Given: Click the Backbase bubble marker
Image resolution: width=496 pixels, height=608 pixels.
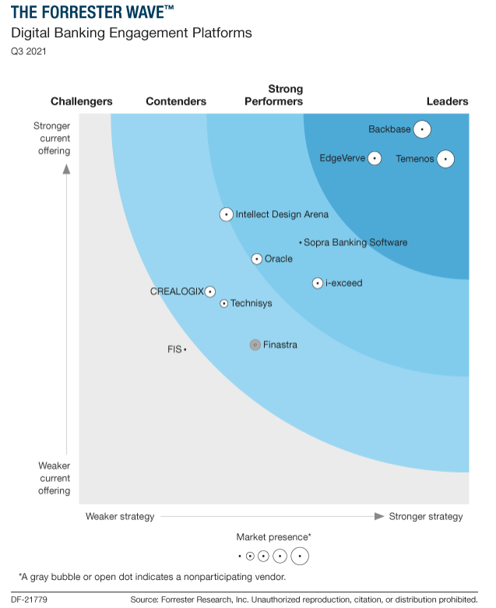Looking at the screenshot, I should click(x=422, y=129).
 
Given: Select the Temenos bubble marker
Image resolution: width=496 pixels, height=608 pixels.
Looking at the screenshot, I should click(x=445, y=159).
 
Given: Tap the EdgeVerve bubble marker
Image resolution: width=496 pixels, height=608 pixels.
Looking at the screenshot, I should click(x=375, y=158).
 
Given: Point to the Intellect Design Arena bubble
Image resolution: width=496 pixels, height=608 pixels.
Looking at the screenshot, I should click(x=226, y=214).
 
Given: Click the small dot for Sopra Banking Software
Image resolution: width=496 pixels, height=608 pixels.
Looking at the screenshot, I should click(x=301, y=243).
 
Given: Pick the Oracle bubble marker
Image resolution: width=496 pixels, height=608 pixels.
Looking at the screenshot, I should click(x=257, y=258).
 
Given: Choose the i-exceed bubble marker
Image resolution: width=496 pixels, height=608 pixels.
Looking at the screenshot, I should click(x=318, y=283).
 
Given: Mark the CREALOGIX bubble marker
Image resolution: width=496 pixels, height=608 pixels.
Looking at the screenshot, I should click(x=210, y=291).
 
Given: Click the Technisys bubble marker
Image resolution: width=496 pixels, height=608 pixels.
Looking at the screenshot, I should click(x=224, y=304).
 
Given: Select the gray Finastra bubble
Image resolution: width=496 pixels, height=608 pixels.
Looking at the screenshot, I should click(x=255, y=345).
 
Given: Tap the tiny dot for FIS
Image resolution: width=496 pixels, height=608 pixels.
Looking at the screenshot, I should click(x=185, y=350).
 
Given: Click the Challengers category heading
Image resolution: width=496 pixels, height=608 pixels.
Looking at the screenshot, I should click(x=82, y=101).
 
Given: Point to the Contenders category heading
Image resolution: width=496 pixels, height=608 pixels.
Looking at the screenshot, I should click(x=176, y=101).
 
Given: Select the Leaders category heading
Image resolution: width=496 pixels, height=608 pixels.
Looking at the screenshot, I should click(x=447, y=101).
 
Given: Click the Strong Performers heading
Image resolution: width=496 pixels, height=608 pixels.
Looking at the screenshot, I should click(x=274, y=95).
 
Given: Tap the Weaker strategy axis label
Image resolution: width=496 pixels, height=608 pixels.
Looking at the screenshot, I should click(x=120, y=516).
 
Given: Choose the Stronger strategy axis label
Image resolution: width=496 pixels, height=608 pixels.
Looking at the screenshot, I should click(x=426, y=516).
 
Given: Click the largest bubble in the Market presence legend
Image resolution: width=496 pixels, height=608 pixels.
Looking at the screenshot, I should click(x=300, y=556).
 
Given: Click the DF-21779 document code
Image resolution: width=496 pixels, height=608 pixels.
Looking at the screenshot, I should click(x=30, y=599).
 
